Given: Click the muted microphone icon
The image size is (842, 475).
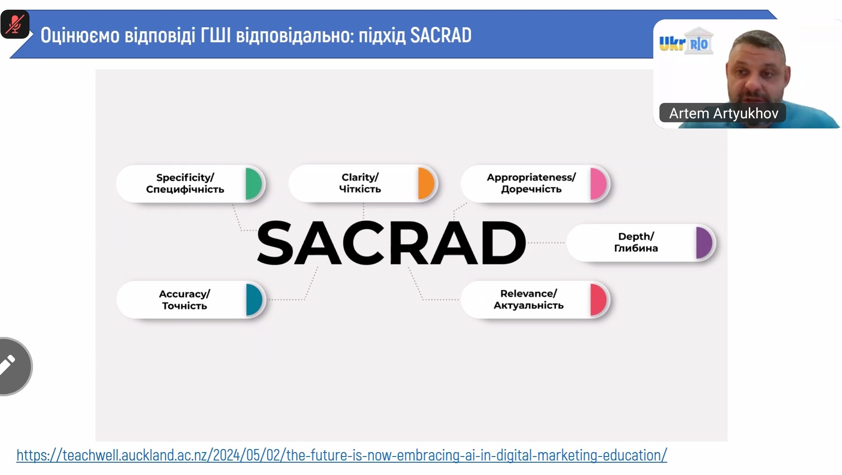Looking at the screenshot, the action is click(15, 24).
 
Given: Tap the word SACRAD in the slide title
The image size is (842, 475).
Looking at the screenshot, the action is click(441, 35).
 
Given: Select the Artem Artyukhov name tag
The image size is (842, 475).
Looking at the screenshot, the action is click(723, 113).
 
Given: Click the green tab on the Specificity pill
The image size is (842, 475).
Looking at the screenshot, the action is click(254, 184).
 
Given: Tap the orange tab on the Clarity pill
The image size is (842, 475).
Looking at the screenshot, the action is click(426, 183).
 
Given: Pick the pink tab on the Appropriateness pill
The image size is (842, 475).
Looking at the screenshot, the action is click(599, 184).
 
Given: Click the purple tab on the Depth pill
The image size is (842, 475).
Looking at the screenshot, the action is click(705, 243).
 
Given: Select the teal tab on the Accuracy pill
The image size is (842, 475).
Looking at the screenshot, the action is click(254, 300).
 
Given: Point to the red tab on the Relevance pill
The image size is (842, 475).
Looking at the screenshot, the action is click(599, 300).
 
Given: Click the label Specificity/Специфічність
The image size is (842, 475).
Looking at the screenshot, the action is click(185, 183).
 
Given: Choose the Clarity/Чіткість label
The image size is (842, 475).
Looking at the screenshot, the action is click(360, 183).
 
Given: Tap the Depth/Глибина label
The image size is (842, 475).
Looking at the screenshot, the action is click(636, 242).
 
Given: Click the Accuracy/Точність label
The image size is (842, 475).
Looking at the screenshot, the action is click(184, 300).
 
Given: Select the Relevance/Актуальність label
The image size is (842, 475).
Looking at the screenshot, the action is click(528, 299).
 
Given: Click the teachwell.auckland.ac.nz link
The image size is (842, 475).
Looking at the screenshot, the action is click(342, 455).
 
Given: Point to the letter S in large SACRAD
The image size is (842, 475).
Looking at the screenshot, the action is click(275, 243).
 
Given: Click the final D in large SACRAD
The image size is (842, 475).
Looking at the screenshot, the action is click(504, 243).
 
